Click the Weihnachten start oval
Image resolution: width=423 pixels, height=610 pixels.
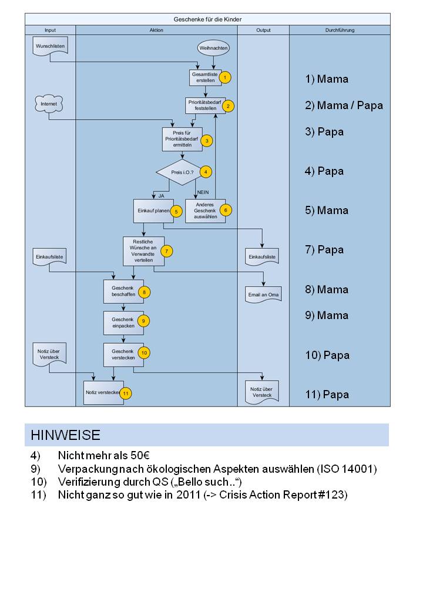pyautogui.click(x=213, y=48)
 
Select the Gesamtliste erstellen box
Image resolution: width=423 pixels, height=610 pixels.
pyautogui.click(x=204, y=77)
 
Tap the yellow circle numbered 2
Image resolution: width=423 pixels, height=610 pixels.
pyautogui.click(x=228, y=106)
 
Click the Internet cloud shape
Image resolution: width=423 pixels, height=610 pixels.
pyautogui.click(x=49, y=104)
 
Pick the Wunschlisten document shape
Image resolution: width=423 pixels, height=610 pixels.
pyautogui.click(x=50, y=46)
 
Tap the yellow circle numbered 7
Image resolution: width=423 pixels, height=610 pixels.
pyautogui.click(x=167, y=251)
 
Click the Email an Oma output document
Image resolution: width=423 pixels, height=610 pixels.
pyautogui.click(x=262, y=294)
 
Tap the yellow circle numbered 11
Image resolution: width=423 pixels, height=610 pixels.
pyautogui.click(x=125, y=393)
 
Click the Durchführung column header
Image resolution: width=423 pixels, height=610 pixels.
pyautogui.click(x=340, y=30)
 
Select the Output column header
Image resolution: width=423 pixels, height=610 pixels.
pyautogui.click(x=263, y=30)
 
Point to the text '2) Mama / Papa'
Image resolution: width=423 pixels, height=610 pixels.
pyautogui.click(x=344, y=106)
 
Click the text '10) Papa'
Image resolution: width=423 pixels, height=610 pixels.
pyautogui.click(x=327, y=355)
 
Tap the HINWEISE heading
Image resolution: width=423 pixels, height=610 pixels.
pyautogui.click(x=66, y=435)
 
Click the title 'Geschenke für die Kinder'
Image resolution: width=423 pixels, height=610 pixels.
pyautogui.click(x=207, y=19)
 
